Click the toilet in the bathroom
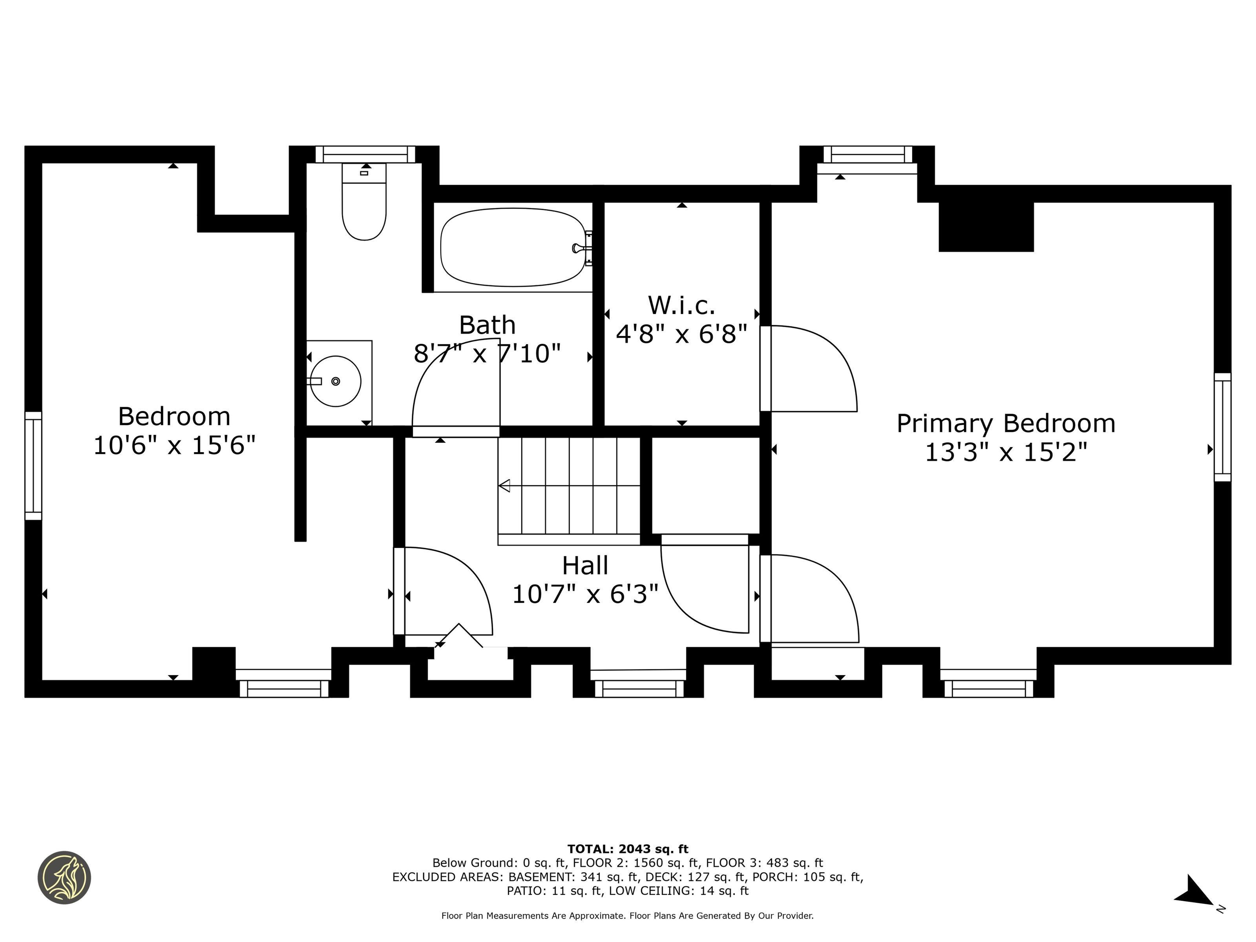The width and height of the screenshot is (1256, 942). [364, 202]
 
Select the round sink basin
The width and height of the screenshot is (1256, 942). [336, 381]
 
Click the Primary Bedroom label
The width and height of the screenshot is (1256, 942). [1006, 424]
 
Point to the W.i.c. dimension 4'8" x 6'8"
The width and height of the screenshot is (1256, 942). [682, 334]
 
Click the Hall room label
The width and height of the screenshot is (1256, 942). [585, 565]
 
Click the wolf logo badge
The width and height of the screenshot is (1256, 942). [64, 877]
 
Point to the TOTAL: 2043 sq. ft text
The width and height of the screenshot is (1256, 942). [628, 849]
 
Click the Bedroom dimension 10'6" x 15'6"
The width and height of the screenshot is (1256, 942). [174, 445]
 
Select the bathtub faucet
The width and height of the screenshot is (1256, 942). [581, 248]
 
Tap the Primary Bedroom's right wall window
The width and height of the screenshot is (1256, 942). [1222, 427]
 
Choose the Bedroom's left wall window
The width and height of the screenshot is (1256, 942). [34, 466]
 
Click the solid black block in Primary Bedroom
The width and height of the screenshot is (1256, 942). [986, 227]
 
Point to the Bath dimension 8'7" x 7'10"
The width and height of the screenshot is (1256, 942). [487, 354]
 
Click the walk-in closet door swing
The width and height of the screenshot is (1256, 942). [809, 368]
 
